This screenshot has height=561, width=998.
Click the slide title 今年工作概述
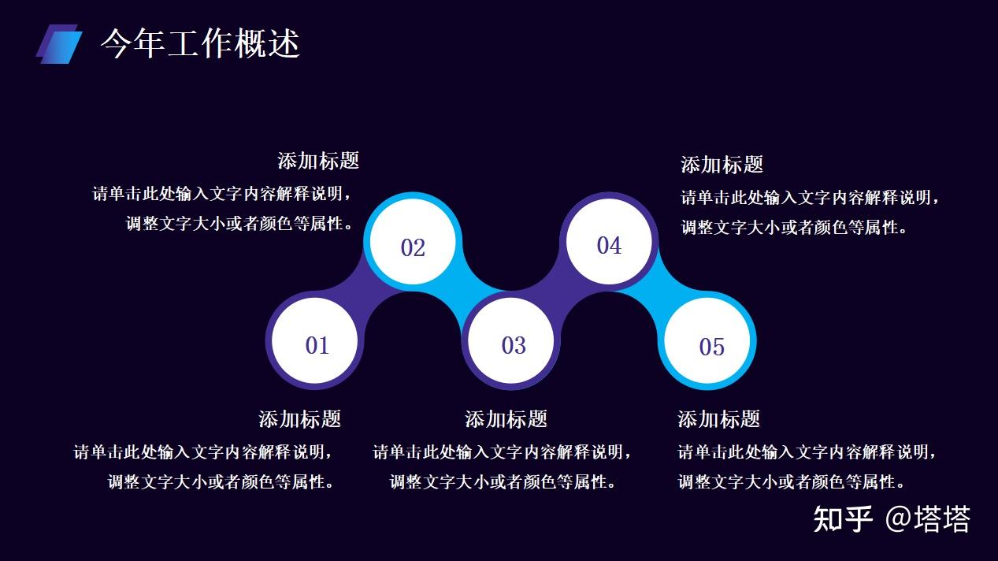(200, 43)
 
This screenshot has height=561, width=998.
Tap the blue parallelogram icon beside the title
(59, 44)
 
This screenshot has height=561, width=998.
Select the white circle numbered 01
(314, 340)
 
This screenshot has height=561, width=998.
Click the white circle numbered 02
(413, 242)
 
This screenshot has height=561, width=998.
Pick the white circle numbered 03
(511, 340)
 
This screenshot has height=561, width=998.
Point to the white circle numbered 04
(609, 242)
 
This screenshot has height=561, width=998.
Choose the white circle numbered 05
(707, 340)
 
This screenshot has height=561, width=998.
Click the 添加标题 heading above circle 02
(318, 161)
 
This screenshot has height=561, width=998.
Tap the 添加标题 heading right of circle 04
(722, 165)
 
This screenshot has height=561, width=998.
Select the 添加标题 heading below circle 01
(299, 419)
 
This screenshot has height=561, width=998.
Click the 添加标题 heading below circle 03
(506, 419)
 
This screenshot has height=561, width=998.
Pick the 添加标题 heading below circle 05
(718, 419)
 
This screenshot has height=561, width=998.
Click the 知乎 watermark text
(842, 519)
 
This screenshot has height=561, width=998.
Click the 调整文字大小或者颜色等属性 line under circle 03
(502, 481)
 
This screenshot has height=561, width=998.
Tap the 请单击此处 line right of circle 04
(810, 197)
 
